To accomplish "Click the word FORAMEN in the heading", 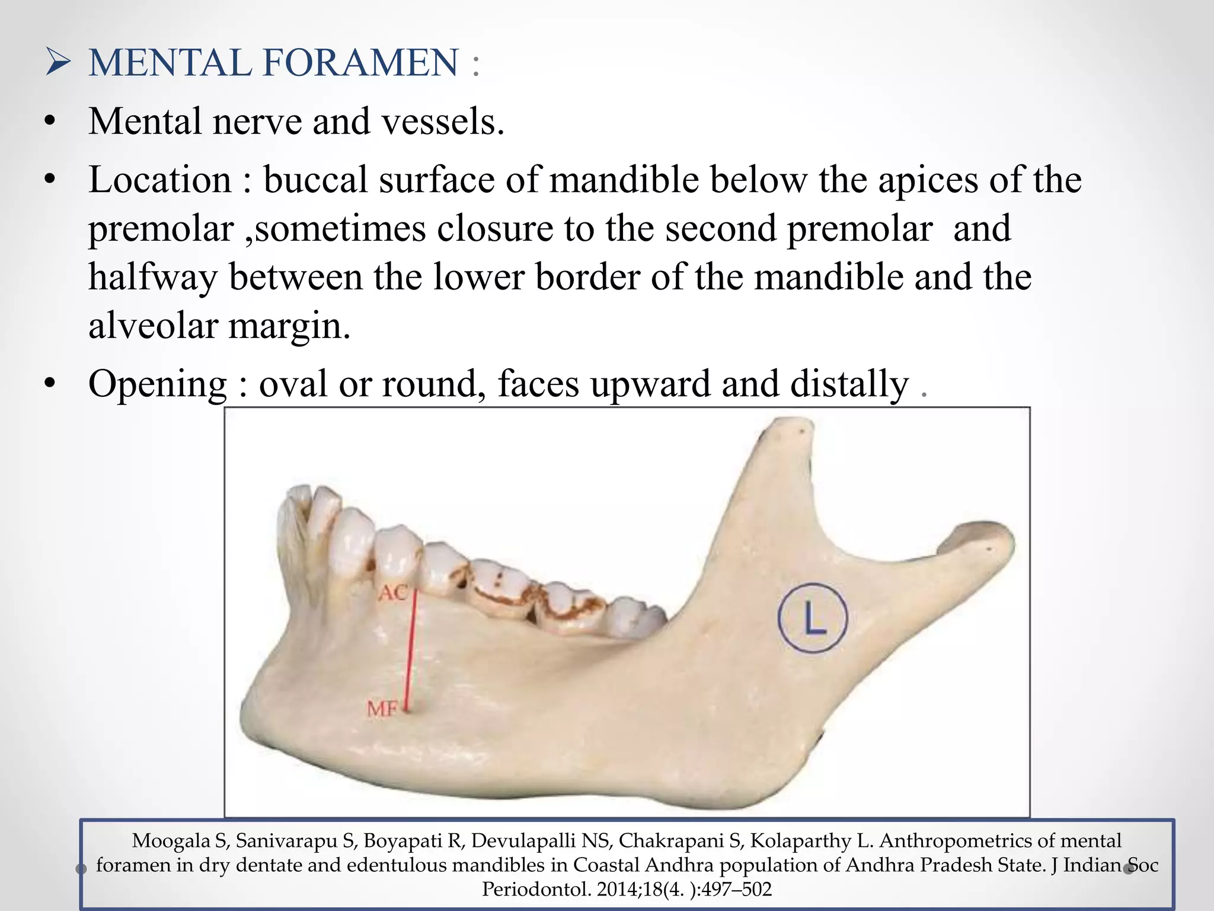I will pos(360,62).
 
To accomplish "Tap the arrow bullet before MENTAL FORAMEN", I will pos(58,62).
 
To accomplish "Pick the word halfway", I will pos(152,278).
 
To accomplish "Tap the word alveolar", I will pos(152,326).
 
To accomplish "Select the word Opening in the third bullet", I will pos(158,384).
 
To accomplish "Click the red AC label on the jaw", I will pos(393,593).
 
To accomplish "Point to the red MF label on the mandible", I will pos(382,709).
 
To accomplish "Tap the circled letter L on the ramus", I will pos(813,618).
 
